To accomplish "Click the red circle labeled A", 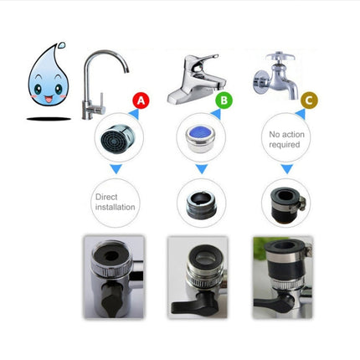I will [x=141, y=101].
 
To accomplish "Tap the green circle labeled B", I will [x=224, y=101].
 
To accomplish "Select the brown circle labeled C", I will [x=309, y=101].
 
